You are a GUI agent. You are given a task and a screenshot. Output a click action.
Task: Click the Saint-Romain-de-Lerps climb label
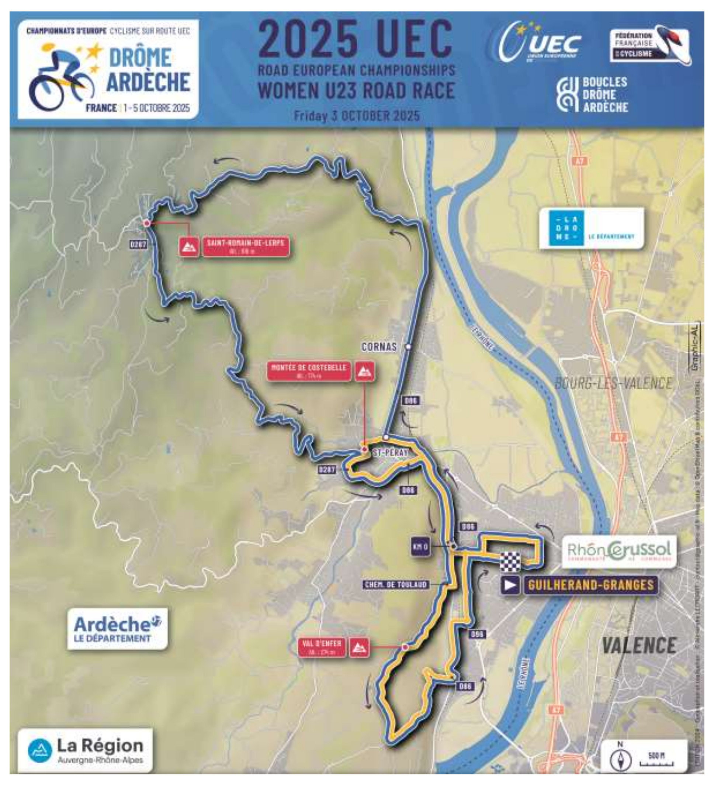245,246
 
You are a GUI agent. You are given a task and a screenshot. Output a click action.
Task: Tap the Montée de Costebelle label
309,371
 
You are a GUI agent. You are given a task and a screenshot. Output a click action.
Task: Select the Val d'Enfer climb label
322,647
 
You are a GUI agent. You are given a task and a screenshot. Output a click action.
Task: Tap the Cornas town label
379,347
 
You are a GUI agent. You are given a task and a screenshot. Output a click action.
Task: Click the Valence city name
639,645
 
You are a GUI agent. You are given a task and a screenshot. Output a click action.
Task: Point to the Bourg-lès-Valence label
613,383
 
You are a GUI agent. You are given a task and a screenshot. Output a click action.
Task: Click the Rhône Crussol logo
619,551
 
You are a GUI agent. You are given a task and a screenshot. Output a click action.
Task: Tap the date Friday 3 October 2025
357,116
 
